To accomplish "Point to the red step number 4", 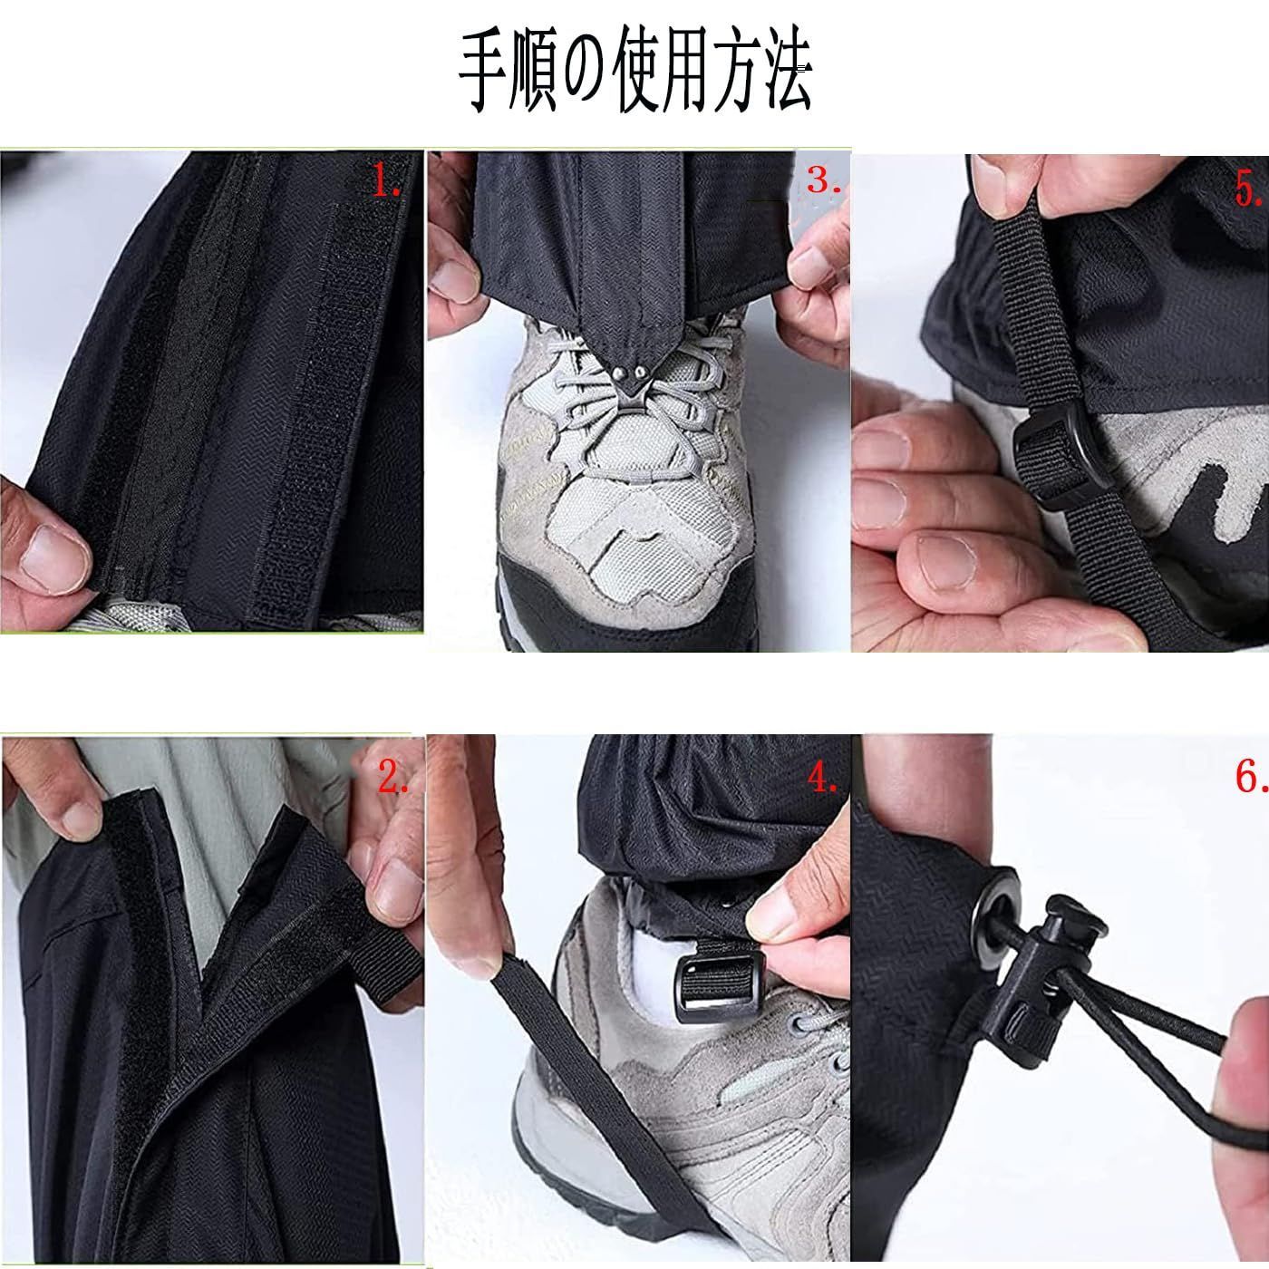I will tap(821, 777).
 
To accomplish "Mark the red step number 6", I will tap(1249, 777).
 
